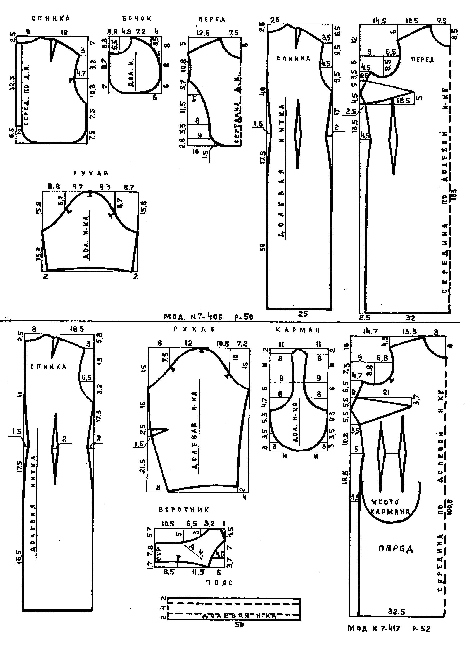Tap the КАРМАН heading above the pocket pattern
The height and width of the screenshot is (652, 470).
[298, 330]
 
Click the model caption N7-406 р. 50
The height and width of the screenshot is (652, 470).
[208, 317]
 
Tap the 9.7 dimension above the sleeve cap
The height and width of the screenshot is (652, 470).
[78, 187]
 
